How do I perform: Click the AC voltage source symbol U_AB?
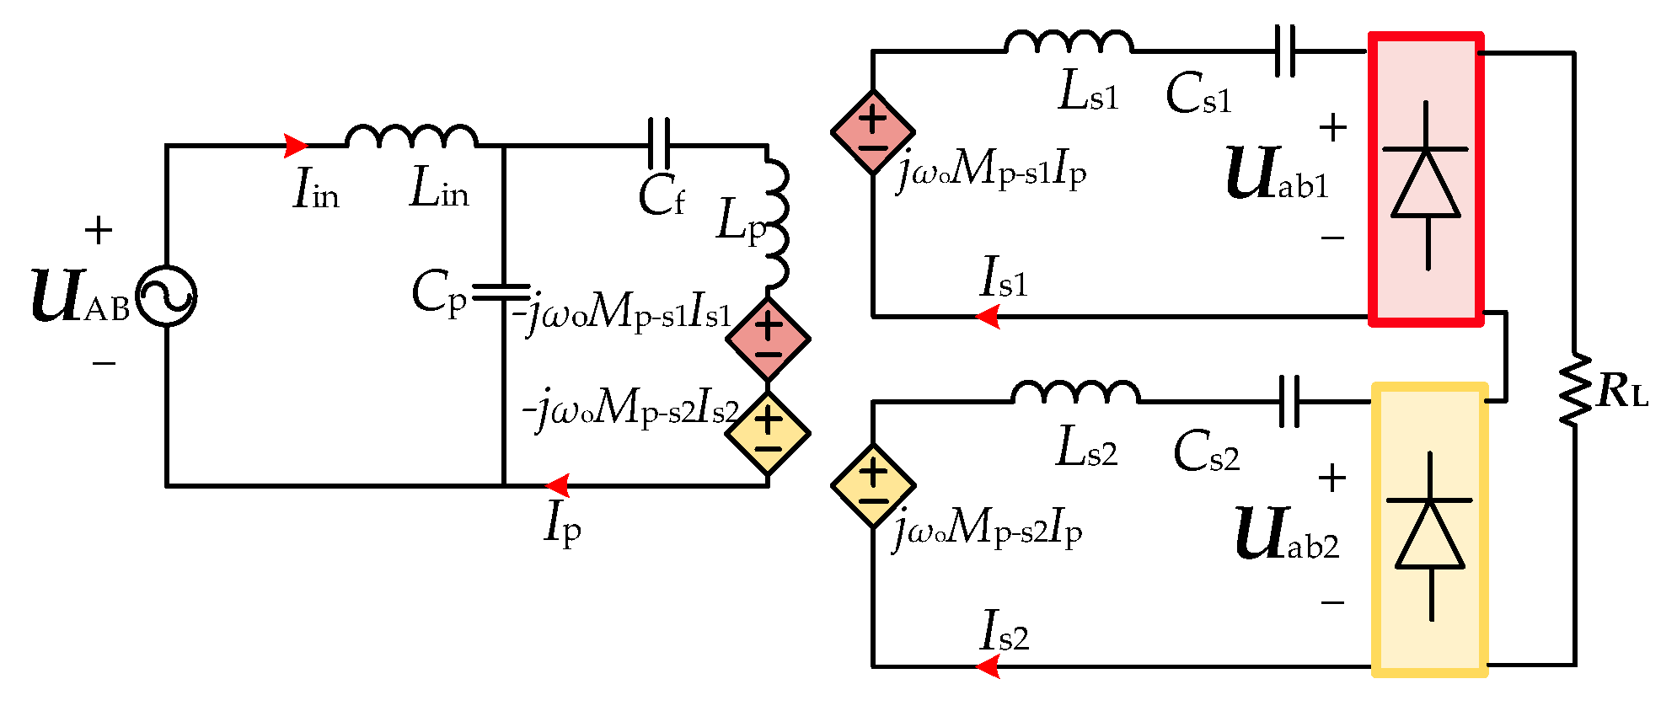pyautogui.click(x=166, y=297)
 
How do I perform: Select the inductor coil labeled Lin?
pyautogui.click(x=411, y=137)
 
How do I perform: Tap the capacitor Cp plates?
pyautogui.click(x=502, y=292)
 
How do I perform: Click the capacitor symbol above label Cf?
pyautogui.click(x=659, y=145)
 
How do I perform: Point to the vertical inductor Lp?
pyautogui.click(x=777, y=223)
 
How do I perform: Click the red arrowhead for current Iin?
pyautogui.click(x=295, y=146)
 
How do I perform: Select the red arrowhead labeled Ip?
pyautogui.click(x=557, y=486)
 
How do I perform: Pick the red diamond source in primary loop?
pyautogui.click(x=768, y=339)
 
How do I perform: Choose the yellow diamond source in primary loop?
pyautogui.click(x=768, y=434)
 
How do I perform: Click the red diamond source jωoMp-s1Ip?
pyautogui.click(x=873, y=132)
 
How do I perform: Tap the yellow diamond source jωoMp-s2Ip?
pyautogui.click(x=873, y=486)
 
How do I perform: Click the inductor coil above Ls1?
pyautogui.click(x=1069, y=42)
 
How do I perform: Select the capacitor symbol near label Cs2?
pyautogui.click(x=1289, y=401)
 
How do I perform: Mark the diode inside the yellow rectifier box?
pyautogui.click(x=1430, y=536)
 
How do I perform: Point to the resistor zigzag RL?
pyautogui.click(x=1573, y=389)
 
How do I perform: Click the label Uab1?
pyautogui.click(x=1277, y=174)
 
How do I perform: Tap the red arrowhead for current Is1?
pyautogui.click(x=988, y=317)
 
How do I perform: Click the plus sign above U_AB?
pyautogui.click(x=99, y=230)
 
